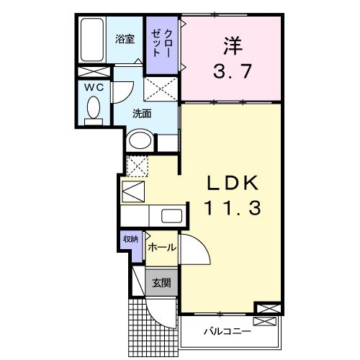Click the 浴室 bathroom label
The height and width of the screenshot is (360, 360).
tap(125, 40)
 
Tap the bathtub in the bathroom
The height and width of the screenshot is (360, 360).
tap(92, 40)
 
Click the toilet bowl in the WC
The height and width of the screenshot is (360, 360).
tap(94, 109)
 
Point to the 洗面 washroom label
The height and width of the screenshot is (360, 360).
tap(141, 114)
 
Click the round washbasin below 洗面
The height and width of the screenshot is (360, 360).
tap(140, 140)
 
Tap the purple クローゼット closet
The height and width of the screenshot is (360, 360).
tap(162, 43)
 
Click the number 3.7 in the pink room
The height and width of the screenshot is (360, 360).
tap(230, 73)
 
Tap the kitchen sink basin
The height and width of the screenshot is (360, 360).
tap(171, 215)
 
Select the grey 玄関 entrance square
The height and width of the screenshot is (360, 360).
tap(160, 282)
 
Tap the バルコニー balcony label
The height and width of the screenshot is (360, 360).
tap(226, 332)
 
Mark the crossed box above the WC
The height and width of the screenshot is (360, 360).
tap(95, 72)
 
